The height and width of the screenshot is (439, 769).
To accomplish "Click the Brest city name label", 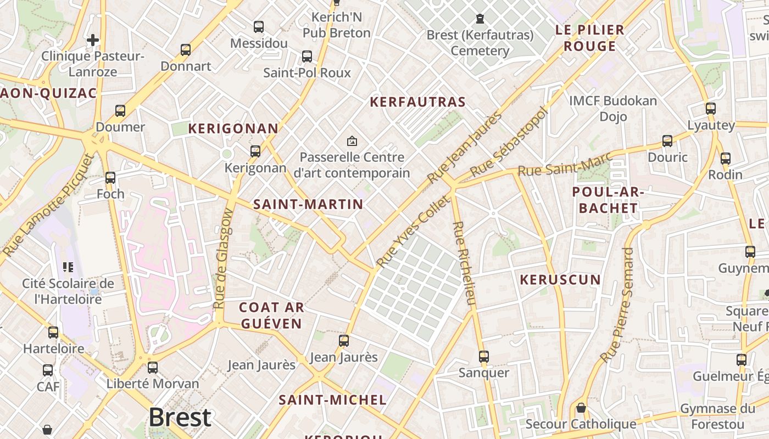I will click(180, 418).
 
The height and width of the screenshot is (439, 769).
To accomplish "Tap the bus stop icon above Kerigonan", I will click(255, 151).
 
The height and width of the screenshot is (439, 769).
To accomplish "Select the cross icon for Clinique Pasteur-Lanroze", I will click(93, 40).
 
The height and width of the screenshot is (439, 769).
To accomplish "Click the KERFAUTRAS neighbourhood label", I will click(417, 102).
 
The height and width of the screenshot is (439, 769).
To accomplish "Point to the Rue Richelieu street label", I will click(464, 263).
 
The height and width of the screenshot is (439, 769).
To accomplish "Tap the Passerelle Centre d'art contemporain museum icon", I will click(352, 142).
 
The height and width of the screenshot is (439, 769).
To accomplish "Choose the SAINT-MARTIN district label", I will click(308, 205).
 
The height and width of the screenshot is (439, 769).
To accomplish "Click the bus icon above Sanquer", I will click(484, 357).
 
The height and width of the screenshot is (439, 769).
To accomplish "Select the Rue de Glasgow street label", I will click(223, 259).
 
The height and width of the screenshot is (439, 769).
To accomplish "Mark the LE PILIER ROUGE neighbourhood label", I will click(590, 38).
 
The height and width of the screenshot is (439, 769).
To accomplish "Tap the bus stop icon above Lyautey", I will click(711, 109).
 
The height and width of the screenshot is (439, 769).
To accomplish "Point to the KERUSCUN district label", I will click(560, 280).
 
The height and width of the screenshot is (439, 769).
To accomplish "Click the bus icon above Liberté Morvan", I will click(153, 367).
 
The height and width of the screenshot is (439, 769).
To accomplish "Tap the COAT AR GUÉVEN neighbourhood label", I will click(271, 316).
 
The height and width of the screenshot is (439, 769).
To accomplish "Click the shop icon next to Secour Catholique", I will click(581, 408).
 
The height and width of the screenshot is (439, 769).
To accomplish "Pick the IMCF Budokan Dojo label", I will click(613, 109).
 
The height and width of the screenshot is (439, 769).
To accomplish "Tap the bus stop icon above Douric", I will click(667, 141).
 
